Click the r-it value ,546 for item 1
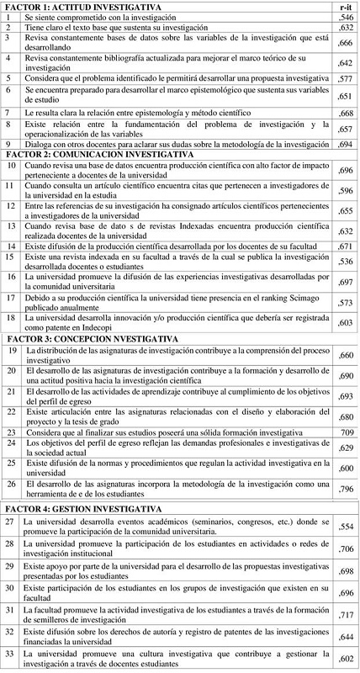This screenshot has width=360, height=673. pyautogui.click(x=343, y=17)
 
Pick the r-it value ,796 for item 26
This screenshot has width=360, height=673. pyautogui.click(x=343, y=488)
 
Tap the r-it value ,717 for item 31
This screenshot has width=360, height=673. pyautogui.click(x=343, y=608)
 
